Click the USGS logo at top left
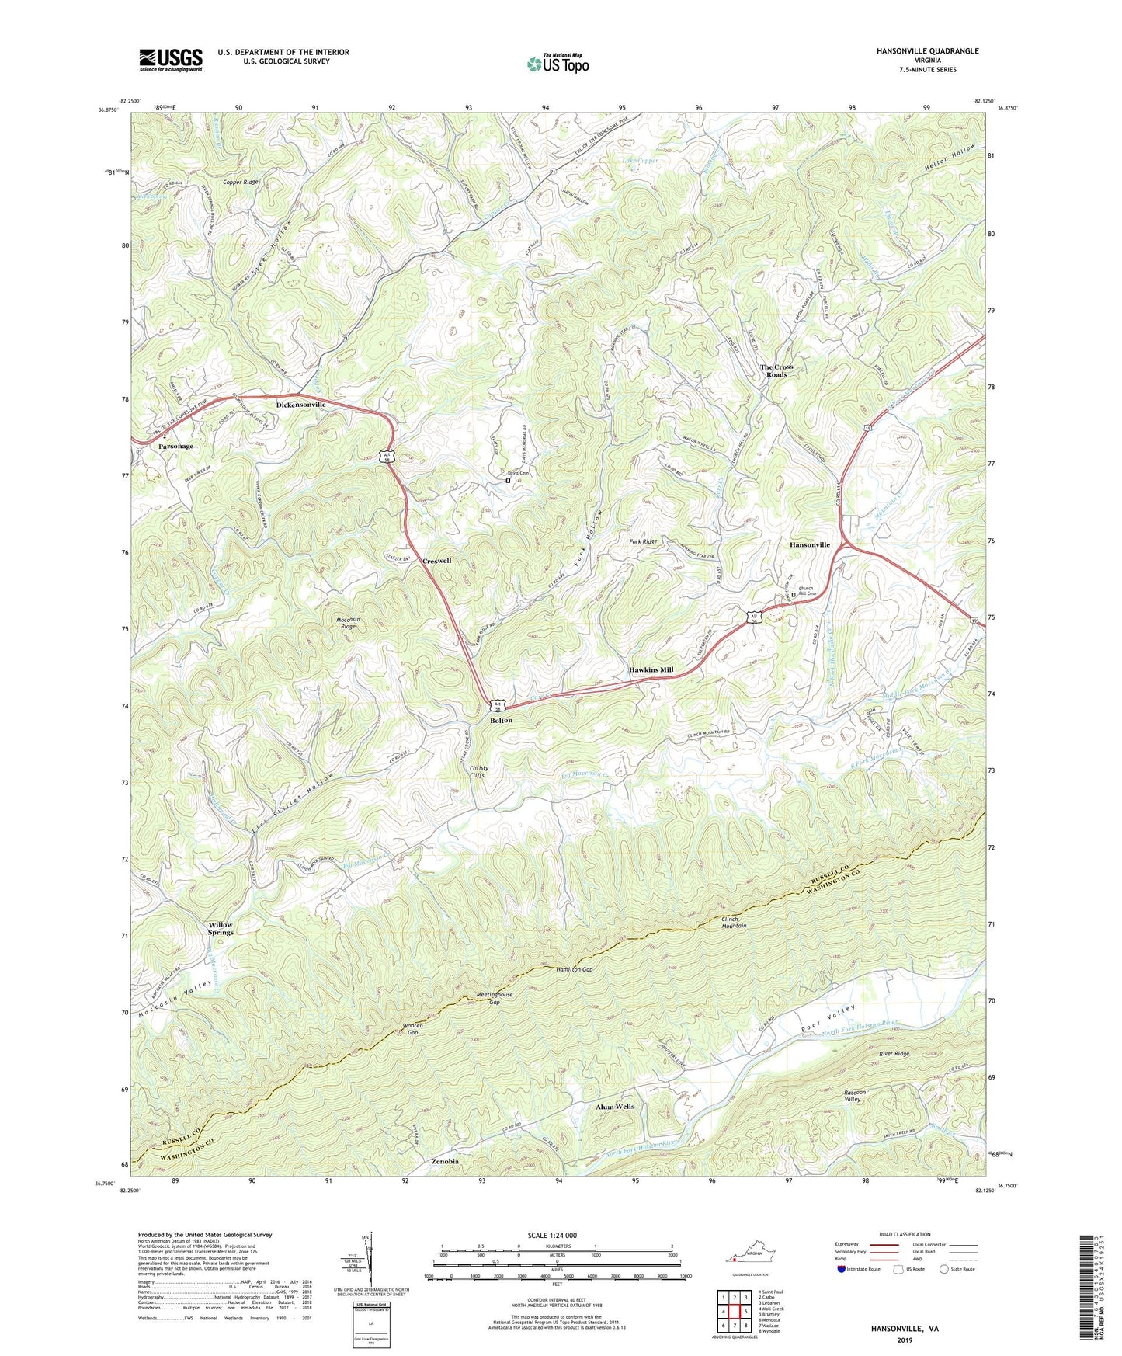pos(170,60)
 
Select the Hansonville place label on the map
pos(810,545)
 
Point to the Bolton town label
pos(501,721)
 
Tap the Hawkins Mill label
pos(651,669)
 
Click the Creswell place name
pos(436,561)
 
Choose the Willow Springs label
pos(221,928)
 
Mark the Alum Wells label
pos(615,1107)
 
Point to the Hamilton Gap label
pos(575,970)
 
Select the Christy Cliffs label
pos(479,771)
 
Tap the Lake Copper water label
pos(641,161)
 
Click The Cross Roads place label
pos(776,370)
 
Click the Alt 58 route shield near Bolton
pos(498,705)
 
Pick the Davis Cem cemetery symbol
pos(508,481)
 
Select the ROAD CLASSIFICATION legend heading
pos(905,1234)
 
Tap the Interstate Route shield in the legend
pos(841,1269)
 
